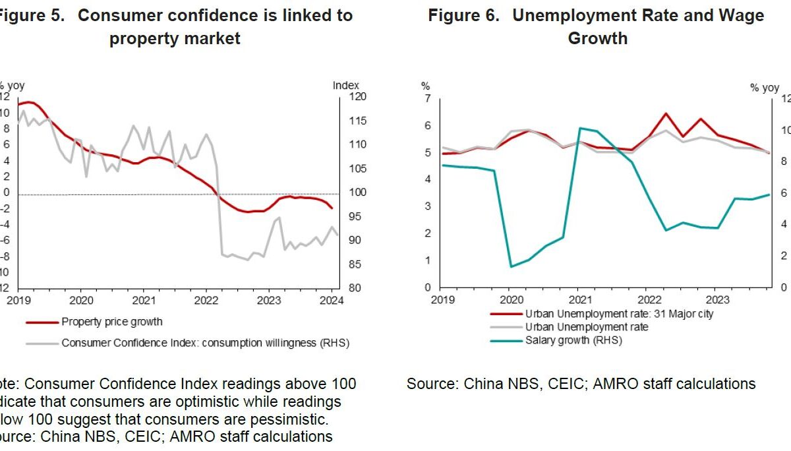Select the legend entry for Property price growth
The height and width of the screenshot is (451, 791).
coord(111,322)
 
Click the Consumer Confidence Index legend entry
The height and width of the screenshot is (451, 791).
coord(205,343)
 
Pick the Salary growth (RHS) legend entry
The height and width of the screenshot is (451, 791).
coord(573,340)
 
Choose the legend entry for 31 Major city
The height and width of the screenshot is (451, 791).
coord(619,314)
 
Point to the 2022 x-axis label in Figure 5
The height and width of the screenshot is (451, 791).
coord(206,300)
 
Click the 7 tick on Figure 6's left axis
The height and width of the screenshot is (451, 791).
coord(426,99)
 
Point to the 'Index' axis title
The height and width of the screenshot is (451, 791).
coord(345,85)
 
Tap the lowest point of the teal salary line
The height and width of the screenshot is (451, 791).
coord(512,266)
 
